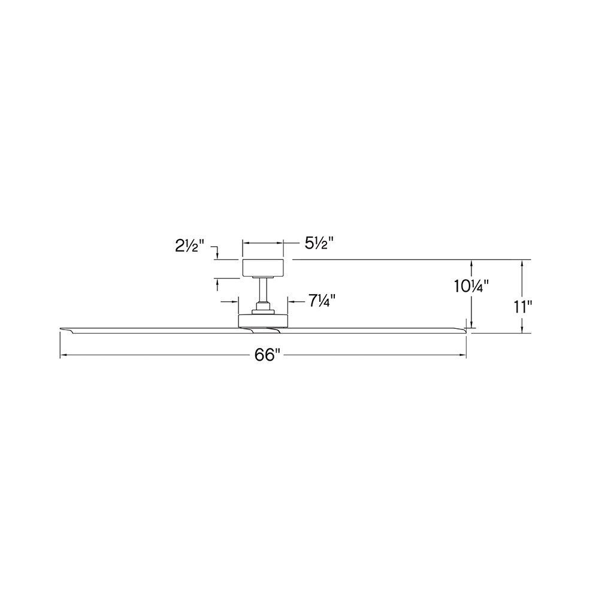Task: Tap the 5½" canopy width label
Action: click(x=319, y=243)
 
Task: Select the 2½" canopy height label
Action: click(x=190, y=246)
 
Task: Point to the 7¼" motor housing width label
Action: click(x=322, y=301)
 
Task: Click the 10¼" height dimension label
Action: click(x=471, y=286)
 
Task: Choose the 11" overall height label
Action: click(x=523, y=307)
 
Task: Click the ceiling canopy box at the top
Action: click(x=263, y=267)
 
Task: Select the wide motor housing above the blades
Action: click(x=263, y=321)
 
